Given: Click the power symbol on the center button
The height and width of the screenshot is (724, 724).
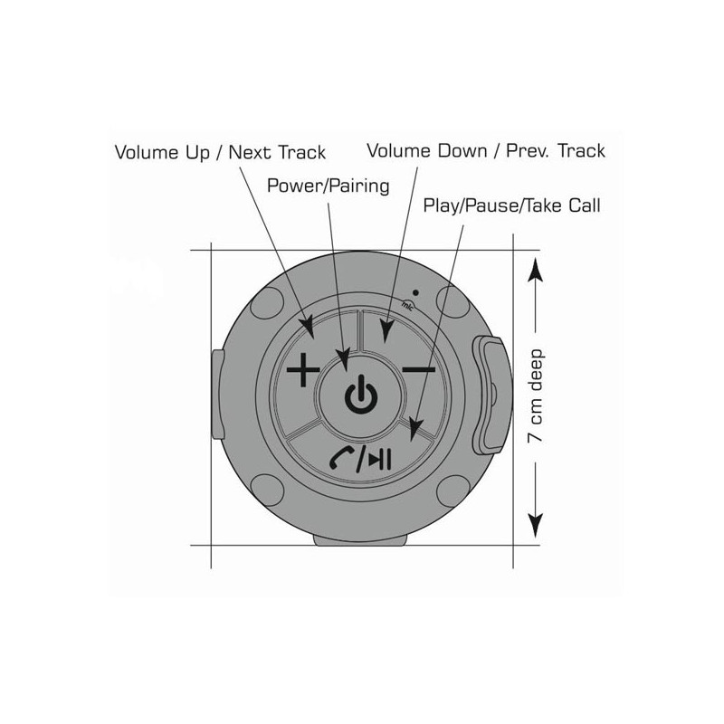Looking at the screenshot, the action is point(361,394).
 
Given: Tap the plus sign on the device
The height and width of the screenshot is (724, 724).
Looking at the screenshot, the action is point(303,369).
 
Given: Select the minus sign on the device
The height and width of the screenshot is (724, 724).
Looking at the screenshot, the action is point(419,369).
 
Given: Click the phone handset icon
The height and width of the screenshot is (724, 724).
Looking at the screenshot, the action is point(341,458).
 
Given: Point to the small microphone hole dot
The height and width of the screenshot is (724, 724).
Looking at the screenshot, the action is point(415,292).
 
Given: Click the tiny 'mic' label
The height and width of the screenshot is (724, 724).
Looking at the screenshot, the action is point(408,306).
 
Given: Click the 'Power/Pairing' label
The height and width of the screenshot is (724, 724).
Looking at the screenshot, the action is point(329,186).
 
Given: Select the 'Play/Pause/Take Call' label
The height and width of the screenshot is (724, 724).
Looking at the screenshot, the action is point(511,205).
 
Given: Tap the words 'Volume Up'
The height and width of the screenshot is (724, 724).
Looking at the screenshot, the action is point(162,152).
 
